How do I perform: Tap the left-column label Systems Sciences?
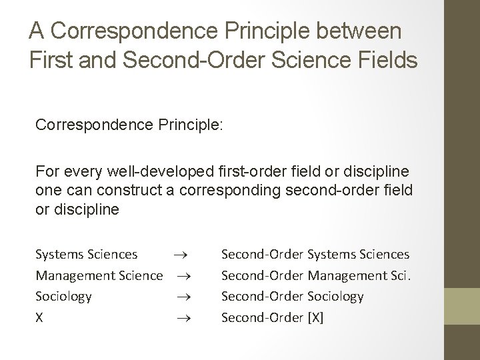pos(87,254)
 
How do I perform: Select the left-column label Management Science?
pos(99,275)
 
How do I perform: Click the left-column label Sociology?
pos(64,295)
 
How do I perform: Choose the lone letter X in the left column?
pos(40,317)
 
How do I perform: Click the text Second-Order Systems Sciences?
pos(315,254)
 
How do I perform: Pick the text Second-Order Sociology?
pos(292,295)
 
